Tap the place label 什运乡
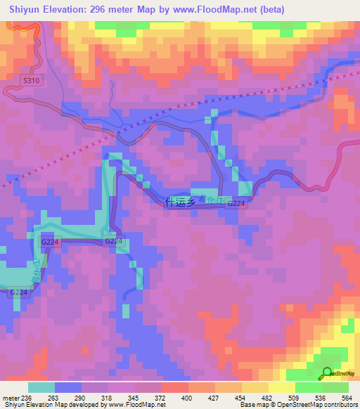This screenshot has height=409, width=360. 176,202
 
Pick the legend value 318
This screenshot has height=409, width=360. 108,398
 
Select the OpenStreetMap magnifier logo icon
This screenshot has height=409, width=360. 328,374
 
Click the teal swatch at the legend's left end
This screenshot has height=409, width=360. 41,387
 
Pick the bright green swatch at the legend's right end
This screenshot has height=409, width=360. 335,387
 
